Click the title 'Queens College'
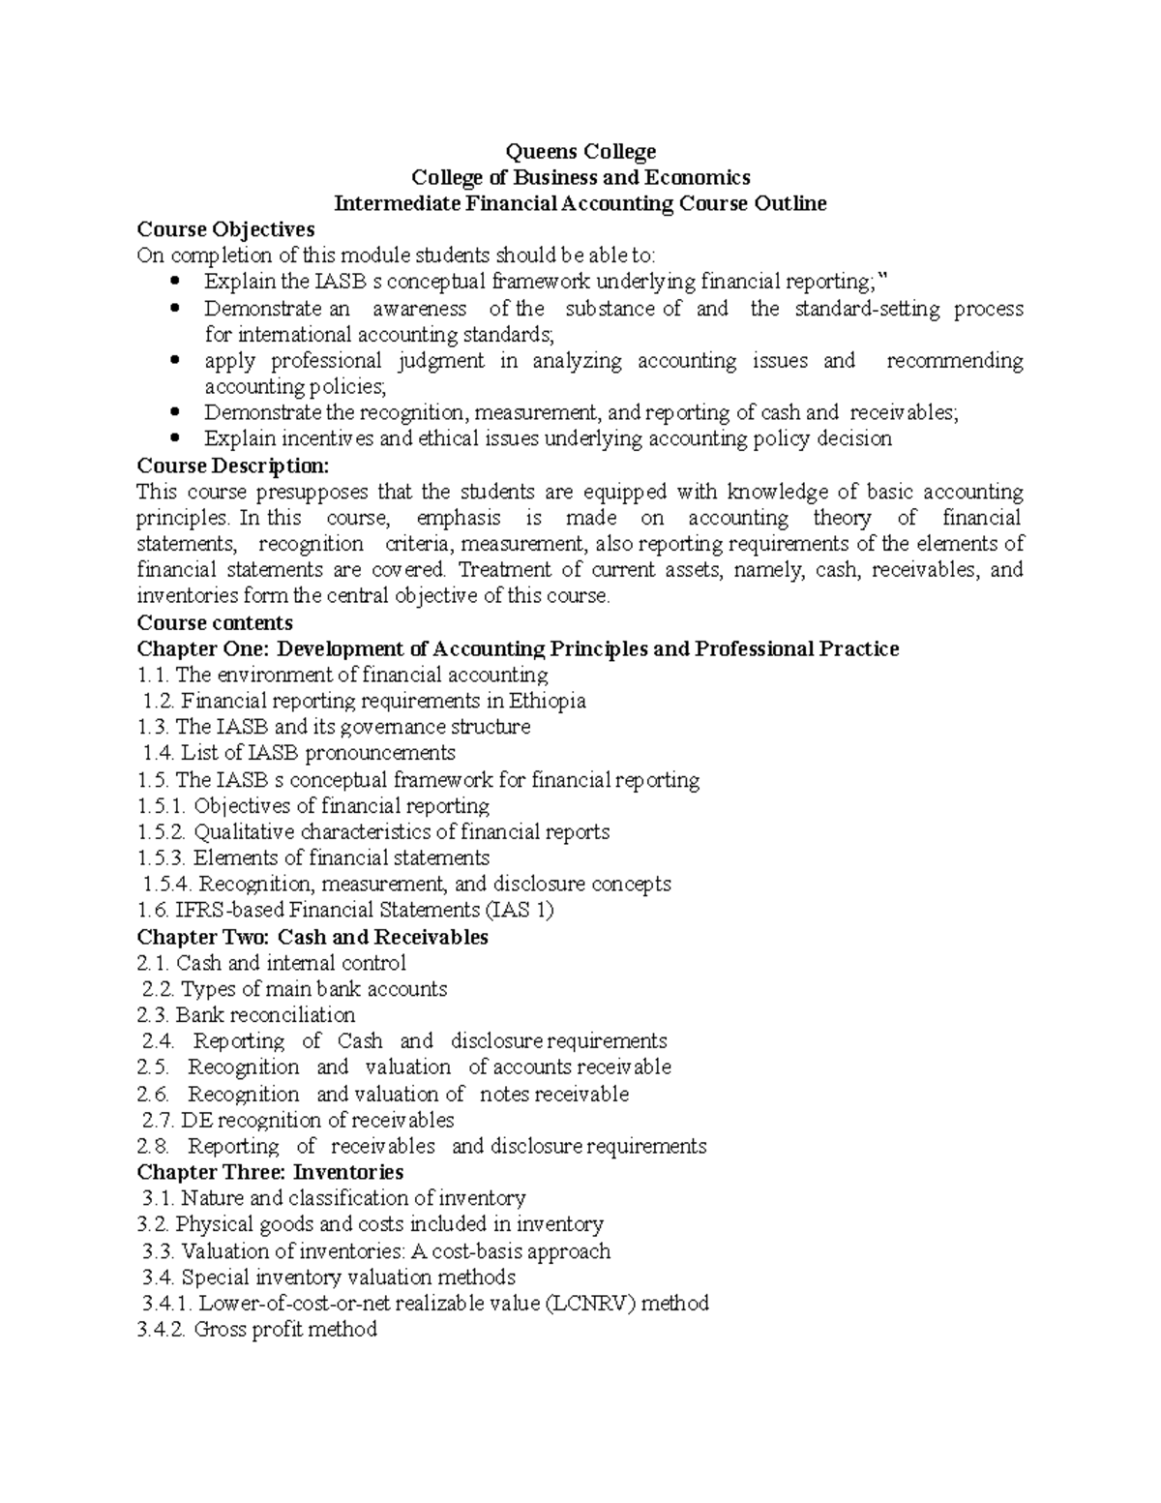(x=581, y=151)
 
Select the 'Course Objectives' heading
(x=225, y=229)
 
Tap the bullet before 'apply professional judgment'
(x=174, y=360)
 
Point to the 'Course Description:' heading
(x=233, y=465)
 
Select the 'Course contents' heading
(x=215, y=622)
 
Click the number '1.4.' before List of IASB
(x=159, y=753)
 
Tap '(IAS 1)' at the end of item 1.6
(x=520, y=910)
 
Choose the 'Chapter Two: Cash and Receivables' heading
(x=313, y=937)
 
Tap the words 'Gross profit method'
(x=285, y=1329)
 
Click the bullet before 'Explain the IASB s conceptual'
(x=174, y=282)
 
